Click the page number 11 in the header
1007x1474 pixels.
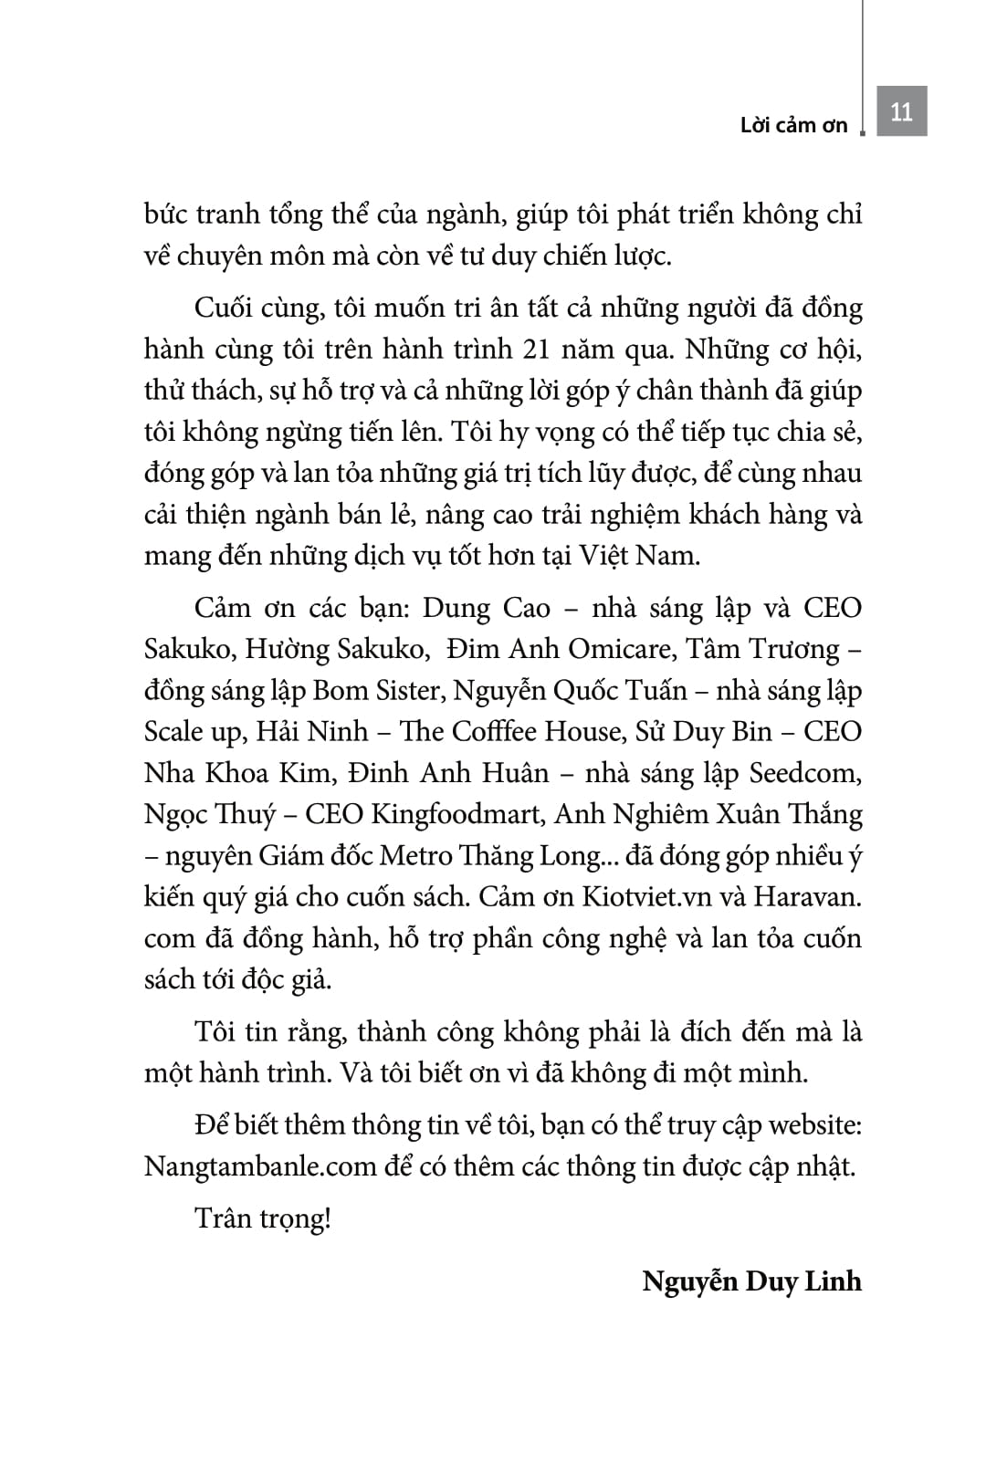[901, 111]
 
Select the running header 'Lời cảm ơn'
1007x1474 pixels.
[793, 126]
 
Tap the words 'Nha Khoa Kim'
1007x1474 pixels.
[236, 773]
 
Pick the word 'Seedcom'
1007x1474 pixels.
[804, 773]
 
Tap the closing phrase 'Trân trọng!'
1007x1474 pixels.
[262, 1218]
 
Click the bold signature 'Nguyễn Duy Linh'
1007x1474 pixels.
[751, 1281]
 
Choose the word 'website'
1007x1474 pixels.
[814, 1125]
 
